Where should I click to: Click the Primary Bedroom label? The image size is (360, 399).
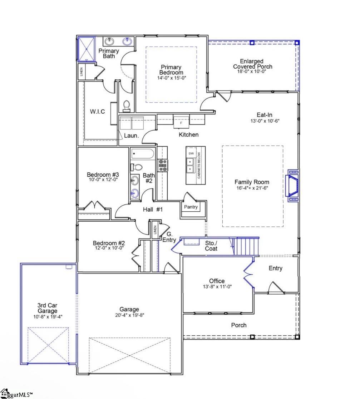(x=171, y=70)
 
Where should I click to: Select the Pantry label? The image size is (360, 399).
(x=191, y=207)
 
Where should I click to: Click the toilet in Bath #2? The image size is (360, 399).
(x=137, y=167)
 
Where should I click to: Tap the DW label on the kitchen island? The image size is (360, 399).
(x=191, y=153)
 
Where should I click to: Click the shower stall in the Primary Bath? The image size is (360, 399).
(x=86, y=49)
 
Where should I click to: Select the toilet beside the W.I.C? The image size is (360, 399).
(x=126, y=105)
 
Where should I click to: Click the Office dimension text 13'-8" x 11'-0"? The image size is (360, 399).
(x=217, y=286)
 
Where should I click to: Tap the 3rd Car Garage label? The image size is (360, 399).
(x=47, y=308)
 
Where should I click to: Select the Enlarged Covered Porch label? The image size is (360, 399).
(x=252, y=64)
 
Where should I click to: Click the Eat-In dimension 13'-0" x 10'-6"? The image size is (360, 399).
(x=265, y=121)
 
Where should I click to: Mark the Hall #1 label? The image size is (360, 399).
(x=153, y=210)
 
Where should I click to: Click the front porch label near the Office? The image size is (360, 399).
(x=238, y=325)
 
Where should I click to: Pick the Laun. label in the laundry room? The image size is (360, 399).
(x=130, y=136)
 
